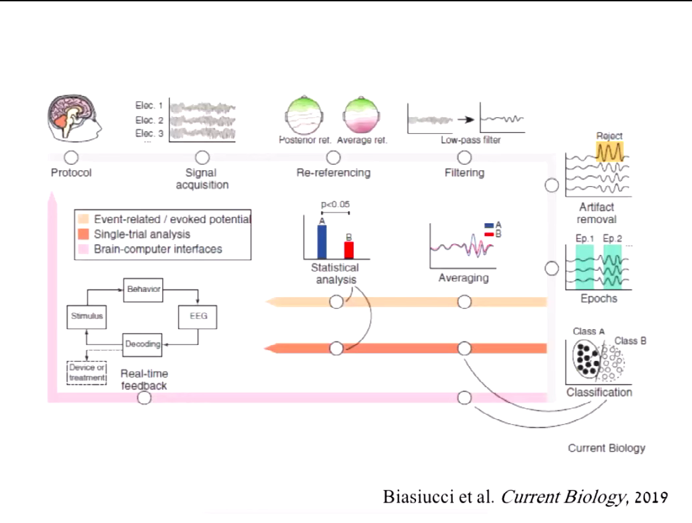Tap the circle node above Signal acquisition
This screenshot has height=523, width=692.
click(202, 158)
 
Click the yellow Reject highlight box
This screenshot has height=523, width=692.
click(609, 152)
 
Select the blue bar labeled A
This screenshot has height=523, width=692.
click(322, 241)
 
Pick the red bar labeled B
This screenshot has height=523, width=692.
click(349, 250)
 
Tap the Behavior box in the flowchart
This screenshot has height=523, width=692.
click(144, 288)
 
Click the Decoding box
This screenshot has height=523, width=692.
click(144, 344)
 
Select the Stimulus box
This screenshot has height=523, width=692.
click(87, 316)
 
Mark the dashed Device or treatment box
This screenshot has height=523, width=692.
click(87, 373)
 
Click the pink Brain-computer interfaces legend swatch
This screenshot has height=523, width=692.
click(83, 249)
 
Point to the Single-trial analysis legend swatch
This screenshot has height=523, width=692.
click(83, 234)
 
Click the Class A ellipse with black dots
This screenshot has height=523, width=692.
click(586, 359)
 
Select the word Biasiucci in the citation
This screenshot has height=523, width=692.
click(414, 498)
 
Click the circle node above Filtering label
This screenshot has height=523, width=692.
click(464, 158)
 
